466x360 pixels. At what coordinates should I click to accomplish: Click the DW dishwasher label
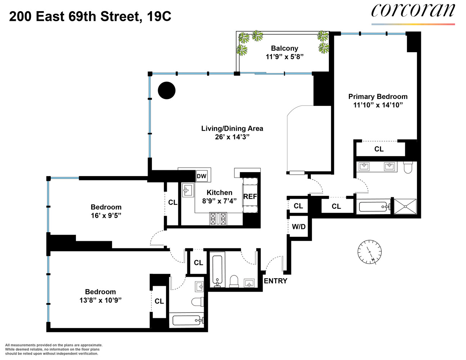click(x=202, y=176)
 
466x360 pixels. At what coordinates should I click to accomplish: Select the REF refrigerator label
click(x=250, y=197)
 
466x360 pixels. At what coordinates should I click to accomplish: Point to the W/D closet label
click(x=299, y=227)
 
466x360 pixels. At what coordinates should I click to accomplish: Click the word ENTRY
click(x=275, y=281)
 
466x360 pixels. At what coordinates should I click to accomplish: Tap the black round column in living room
click(x=167, y=90)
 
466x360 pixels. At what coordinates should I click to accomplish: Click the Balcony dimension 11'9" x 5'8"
click(x=284, y=57)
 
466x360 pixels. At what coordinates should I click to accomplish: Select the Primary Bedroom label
click(x=378, y=96)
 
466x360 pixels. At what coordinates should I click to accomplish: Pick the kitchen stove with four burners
click(x=218, y=219)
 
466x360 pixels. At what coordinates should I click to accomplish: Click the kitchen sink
click(x=188, y=190)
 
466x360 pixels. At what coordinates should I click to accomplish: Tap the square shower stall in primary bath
click(x=405, y=207)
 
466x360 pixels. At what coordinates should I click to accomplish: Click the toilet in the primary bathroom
click(x=408, y=167)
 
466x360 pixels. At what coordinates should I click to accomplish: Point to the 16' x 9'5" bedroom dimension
click(x=106, y=216)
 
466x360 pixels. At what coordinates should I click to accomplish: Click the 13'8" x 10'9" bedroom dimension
click(x=100, y=300)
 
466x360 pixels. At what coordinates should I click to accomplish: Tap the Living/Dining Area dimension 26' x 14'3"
click(x=232, y=137)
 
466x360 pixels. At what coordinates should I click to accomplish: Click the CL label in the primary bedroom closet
click(x=379, y=149)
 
